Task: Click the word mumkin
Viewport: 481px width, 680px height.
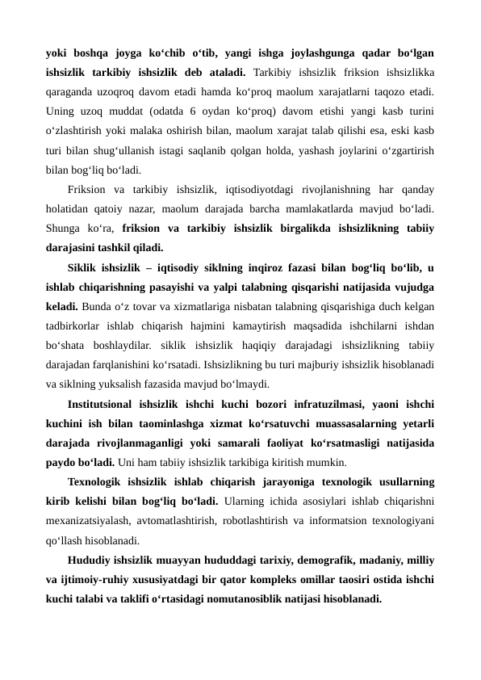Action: tap(326, 463)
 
